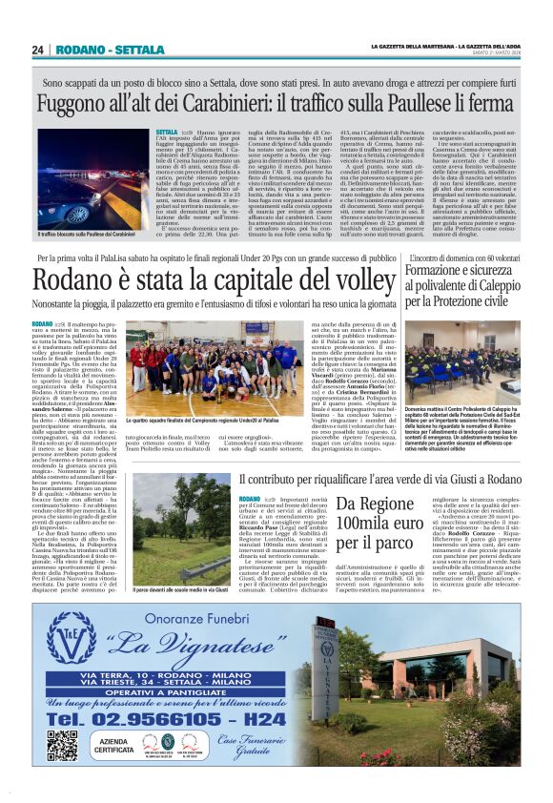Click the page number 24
[x=39, y=51]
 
